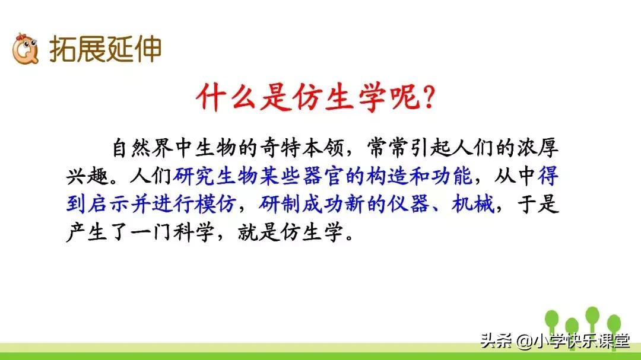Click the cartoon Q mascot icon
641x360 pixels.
(x=25, y=49)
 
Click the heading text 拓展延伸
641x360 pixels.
(x=106, y=50)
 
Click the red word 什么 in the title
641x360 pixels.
(x=224, y=98)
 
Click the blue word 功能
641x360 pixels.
(x=456, y=176)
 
